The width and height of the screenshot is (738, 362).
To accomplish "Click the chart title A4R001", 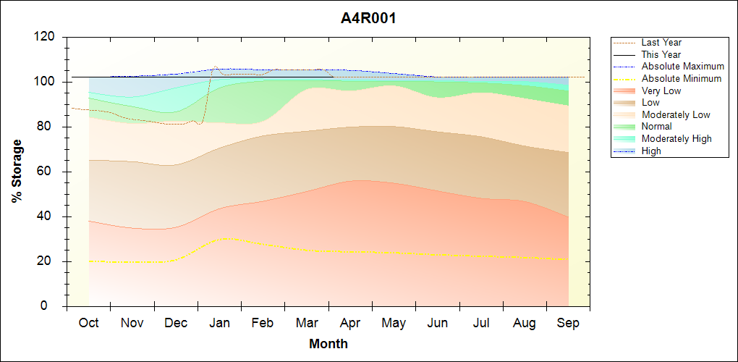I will [x=368, y=18].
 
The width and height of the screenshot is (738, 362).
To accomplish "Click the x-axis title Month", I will [x=328, y=344].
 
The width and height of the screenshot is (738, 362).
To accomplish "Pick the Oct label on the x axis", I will [x=88, y=324].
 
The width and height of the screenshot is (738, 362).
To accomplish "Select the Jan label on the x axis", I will [x=219, y=324].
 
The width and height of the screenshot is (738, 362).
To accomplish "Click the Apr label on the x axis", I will [x=350, y=324].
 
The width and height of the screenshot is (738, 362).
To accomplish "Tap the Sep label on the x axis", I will [x=568, y=324].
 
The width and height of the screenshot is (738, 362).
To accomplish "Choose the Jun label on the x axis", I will [x=438, y=324].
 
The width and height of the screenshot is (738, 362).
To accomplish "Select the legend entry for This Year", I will [x=661, y=54].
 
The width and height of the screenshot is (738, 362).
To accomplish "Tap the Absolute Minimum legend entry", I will [x=681, y=78].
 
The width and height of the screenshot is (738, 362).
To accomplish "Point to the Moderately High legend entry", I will [x=676, y=138].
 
